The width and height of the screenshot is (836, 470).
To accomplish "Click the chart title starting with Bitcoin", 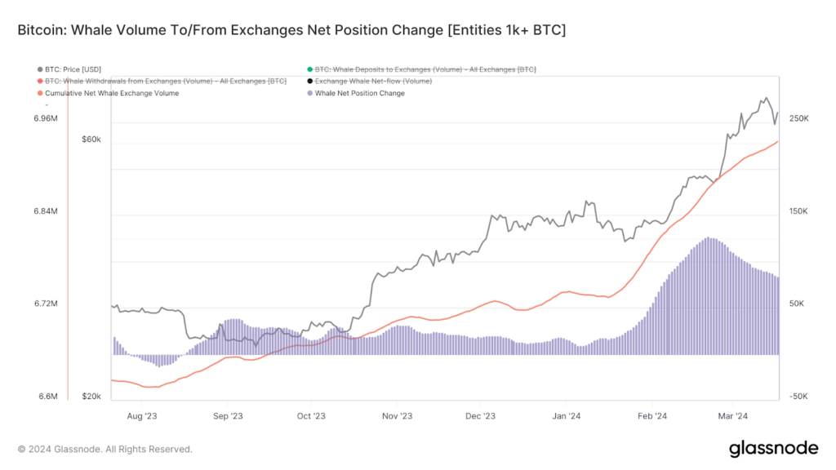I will pyautogui.click(x=291, y=30).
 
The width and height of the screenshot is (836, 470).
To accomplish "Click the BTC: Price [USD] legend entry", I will pyautogui.click(x=73, y=69).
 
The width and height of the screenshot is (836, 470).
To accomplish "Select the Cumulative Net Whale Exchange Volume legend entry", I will pyautogui.click(x=112, y=93).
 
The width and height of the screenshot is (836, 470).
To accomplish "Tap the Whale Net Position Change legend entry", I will pyautogui.click(x=359, y=93).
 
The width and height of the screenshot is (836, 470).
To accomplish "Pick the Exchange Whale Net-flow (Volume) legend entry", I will pyautogui.click(x=373, y=81).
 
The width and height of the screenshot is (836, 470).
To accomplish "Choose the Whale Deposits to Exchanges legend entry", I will pyautogui.click(x=425, y=69).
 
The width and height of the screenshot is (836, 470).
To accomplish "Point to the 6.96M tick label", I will pyautogui.click(x=46, y=118).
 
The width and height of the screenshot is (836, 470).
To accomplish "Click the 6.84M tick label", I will pyautogui.click(x=46, y=211).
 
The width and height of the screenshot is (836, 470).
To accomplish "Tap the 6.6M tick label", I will pyautogui.click(x=47, y=397).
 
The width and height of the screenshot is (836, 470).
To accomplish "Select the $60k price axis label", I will pyautogui.click(x=91, y=140).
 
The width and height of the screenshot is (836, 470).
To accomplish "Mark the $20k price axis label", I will pyautogui.click(x=91, y=397).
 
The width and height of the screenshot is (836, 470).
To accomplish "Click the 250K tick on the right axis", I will pyautogui.click(x=798, y=118).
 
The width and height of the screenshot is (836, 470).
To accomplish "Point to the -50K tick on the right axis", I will pyautogui.click(x=798, y=397).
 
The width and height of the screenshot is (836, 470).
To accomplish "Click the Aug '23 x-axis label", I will pyautogui.click(x=142, y=415).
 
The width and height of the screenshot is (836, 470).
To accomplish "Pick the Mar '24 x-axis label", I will pyautogui.click(x=733, y=415).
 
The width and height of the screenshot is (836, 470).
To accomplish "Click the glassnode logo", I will pyautogui.click(x=772, y=448).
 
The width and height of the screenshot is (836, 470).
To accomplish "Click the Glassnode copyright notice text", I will pyautogui.click(x=105, y=449).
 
